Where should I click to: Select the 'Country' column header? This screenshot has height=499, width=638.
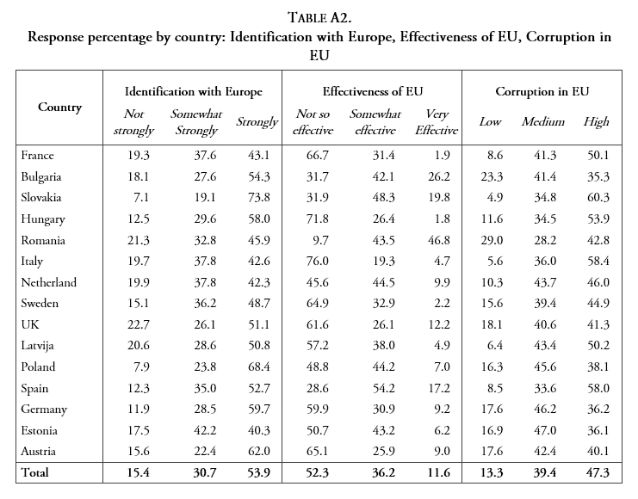tap(60, 108)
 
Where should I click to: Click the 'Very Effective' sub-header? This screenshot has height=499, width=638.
tap(442, 121)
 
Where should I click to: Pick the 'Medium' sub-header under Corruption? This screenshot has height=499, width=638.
tap(542, 121)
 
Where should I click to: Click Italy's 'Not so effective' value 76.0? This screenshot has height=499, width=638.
tap(311, 262)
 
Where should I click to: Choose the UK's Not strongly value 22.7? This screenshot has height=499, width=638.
tap(139, 324)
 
